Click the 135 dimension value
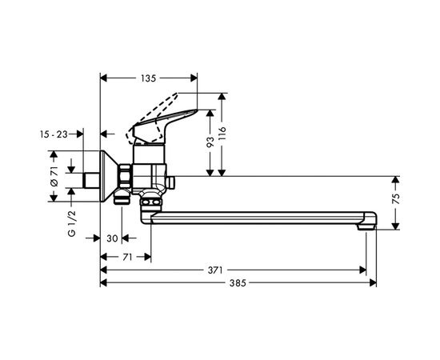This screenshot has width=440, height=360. click(x=148, y=78)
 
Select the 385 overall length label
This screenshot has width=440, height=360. click(x=238, y=283)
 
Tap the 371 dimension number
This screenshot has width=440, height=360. click(x=215, y=270)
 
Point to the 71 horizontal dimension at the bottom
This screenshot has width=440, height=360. click(x=127, y=257)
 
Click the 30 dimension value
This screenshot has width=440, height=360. click(x=112, y=238)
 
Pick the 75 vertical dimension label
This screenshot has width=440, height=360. click(x=395, y=198)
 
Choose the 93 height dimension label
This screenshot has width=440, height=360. click(x=210, y=142)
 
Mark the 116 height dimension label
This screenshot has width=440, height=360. click(x=222, y=134)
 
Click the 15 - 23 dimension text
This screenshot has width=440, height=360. click(x=54, y=134)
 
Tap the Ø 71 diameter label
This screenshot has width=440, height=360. click(x=54, y=176)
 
